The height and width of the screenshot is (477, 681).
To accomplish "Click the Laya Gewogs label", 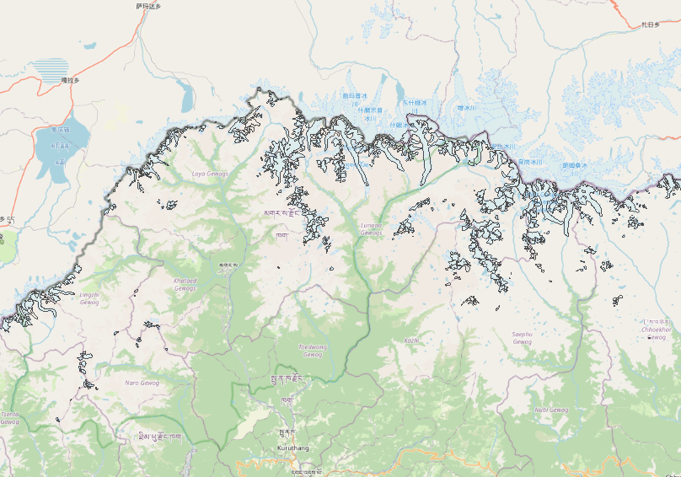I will pos(210,174).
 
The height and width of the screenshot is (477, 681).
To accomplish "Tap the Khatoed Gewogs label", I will pos(185,284).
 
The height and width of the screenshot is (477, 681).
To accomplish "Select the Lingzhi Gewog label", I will pos(89,298).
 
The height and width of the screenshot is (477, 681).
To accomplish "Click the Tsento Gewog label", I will pos(9,418).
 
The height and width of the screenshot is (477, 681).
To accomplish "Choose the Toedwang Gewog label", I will pos(312,351).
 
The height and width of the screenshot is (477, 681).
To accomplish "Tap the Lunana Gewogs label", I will pos(372,228).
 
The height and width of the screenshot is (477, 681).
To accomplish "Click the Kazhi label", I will pos(411,340).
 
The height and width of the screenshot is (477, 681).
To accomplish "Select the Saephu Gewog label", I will pos(523,338).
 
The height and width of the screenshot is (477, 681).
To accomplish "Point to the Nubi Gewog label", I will pos(551,410).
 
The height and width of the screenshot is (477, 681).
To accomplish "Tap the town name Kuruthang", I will pos(293,448).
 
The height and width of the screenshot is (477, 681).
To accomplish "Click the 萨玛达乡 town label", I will pos(147,6).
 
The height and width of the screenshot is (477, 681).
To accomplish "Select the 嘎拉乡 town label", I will pos(70,80).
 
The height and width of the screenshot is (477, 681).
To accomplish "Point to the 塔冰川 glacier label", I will pos(467,108).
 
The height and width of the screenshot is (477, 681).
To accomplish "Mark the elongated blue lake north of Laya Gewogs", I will pos(185,96).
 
